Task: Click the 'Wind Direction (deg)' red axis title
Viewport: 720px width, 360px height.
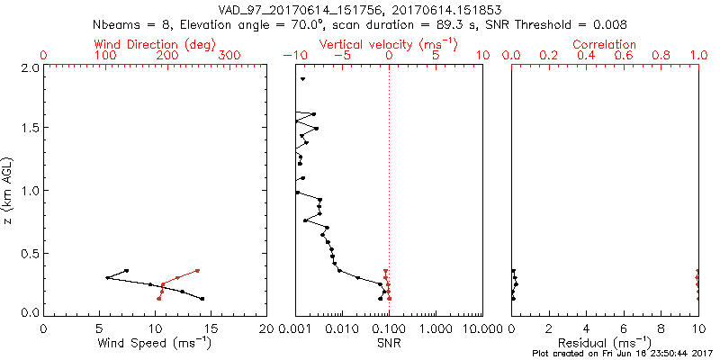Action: (155, 44)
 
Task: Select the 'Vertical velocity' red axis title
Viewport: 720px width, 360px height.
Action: (389, 44)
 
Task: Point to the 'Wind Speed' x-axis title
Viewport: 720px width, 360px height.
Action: (155, 343)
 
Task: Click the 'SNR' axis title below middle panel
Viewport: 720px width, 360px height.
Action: (389, 343)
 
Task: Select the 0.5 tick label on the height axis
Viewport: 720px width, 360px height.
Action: (29, 252)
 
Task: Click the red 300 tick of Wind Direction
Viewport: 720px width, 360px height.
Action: (230, 56)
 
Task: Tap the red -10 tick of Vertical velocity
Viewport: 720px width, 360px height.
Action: (292, 56)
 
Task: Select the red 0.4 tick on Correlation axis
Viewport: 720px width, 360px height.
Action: (585, 56)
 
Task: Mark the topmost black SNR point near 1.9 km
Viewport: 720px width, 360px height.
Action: (303, 80)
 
